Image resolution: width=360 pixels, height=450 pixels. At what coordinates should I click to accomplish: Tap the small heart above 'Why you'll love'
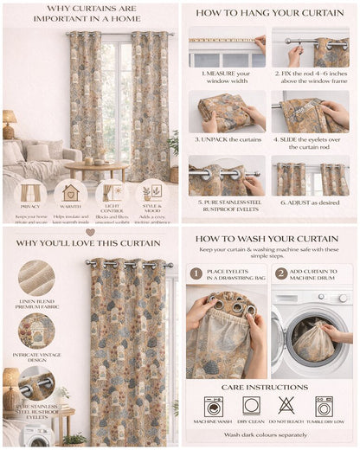tap(90, 232)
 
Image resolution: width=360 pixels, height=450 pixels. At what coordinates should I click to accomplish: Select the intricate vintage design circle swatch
tap(35, 331)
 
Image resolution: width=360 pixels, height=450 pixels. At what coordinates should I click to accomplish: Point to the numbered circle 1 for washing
tap(196, 273)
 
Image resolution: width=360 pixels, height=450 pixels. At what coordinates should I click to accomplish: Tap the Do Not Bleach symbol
tap(287, 406)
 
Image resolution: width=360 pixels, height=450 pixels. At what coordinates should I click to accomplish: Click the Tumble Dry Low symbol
tap(324, 406)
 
